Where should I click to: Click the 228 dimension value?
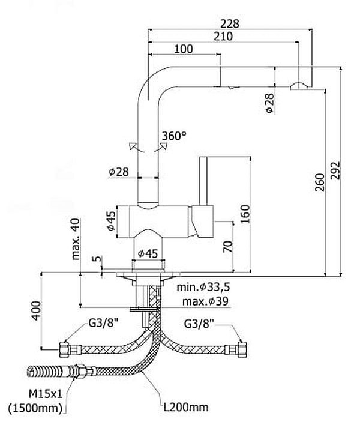[x=230, y=23]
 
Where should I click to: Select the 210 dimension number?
[x=223, y=37]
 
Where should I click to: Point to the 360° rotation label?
[x=174, y=136]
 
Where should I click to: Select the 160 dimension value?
[x=244, y=212]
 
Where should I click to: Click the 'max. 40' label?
[x=76, y=239]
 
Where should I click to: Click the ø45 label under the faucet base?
[x=147, y=253]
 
